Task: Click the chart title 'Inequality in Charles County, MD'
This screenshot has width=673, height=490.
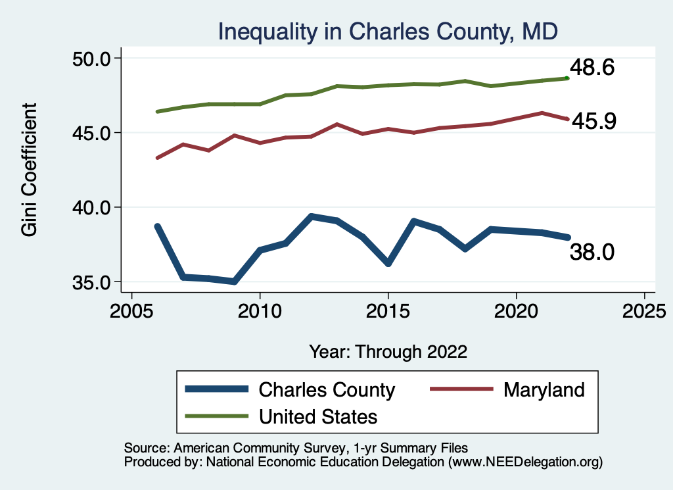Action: [x=388, y=31]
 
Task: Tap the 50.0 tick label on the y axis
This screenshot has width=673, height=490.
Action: [x=93, y=59]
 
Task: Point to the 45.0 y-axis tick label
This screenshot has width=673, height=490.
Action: [x=93, y=133]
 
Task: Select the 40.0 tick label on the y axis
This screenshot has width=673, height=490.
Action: [x=93, y=208]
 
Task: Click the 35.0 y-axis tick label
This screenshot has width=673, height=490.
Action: [x=93, y=282]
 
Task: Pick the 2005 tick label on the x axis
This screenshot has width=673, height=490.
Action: [x=131, y=310]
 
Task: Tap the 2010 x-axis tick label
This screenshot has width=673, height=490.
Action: [x=260, y=310]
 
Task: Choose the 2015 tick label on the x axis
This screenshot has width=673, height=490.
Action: [x=388, y=310]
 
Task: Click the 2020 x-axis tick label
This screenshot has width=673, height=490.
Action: [x=516, y=310]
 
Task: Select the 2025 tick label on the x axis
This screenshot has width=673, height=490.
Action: [x=644, y=310]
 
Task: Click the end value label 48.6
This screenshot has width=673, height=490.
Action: [x=592, y=68]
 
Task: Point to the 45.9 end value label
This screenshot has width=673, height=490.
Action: [x=593, y=121]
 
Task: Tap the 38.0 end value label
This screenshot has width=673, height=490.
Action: [x=592, y=251]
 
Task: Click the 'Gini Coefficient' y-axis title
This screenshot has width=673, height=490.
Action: [x=30, y=170]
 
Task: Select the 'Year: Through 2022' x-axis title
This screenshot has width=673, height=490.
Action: [x=388, y=351]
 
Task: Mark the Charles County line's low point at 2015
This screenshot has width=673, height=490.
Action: [x=388, y=263]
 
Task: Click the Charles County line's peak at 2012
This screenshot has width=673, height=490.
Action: [x=311, y=216]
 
